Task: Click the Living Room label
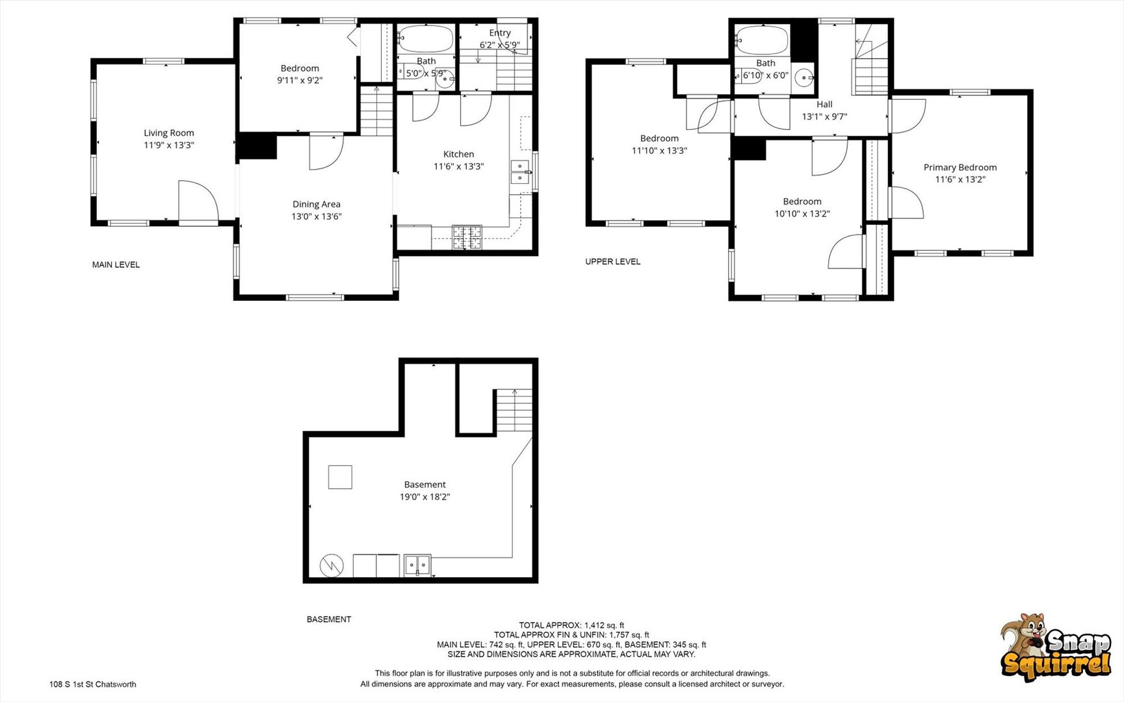168,133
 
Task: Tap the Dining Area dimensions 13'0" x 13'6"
316,216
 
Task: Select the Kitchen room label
458,154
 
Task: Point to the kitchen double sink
519,172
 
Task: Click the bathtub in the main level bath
425,39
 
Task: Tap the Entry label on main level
499,32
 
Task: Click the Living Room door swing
197,202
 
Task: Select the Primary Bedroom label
960,167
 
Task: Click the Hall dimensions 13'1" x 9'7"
824,116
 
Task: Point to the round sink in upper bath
805,78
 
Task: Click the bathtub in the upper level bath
761,40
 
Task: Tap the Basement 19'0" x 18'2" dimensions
425,497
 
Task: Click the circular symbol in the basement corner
331,565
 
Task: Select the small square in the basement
339,477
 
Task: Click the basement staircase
514,410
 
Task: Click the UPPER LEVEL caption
612,261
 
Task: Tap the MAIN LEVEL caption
116,265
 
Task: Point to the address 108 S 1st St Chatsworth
92,684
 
